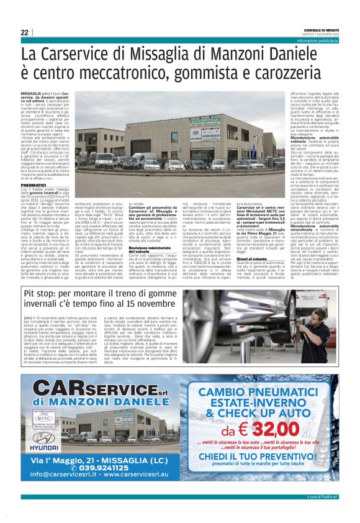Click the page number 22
[x=24, y=32]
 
